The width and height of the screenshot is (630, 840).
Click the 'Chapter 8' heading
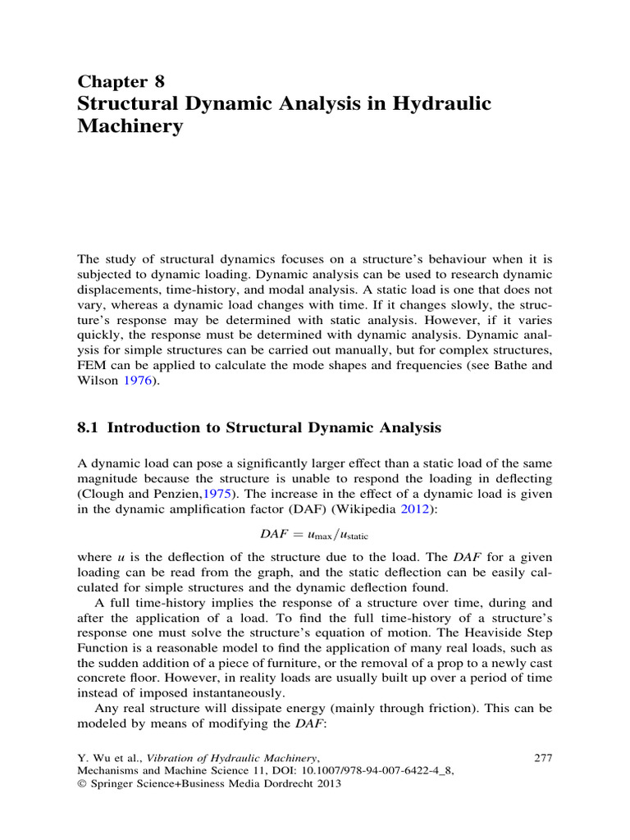[x=121, y=80]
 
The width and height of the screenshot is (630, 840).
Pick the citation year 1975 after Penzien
[x=242, y=495]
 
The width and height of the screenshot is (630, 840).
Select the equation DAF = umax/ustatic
[x=315, y=536]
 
